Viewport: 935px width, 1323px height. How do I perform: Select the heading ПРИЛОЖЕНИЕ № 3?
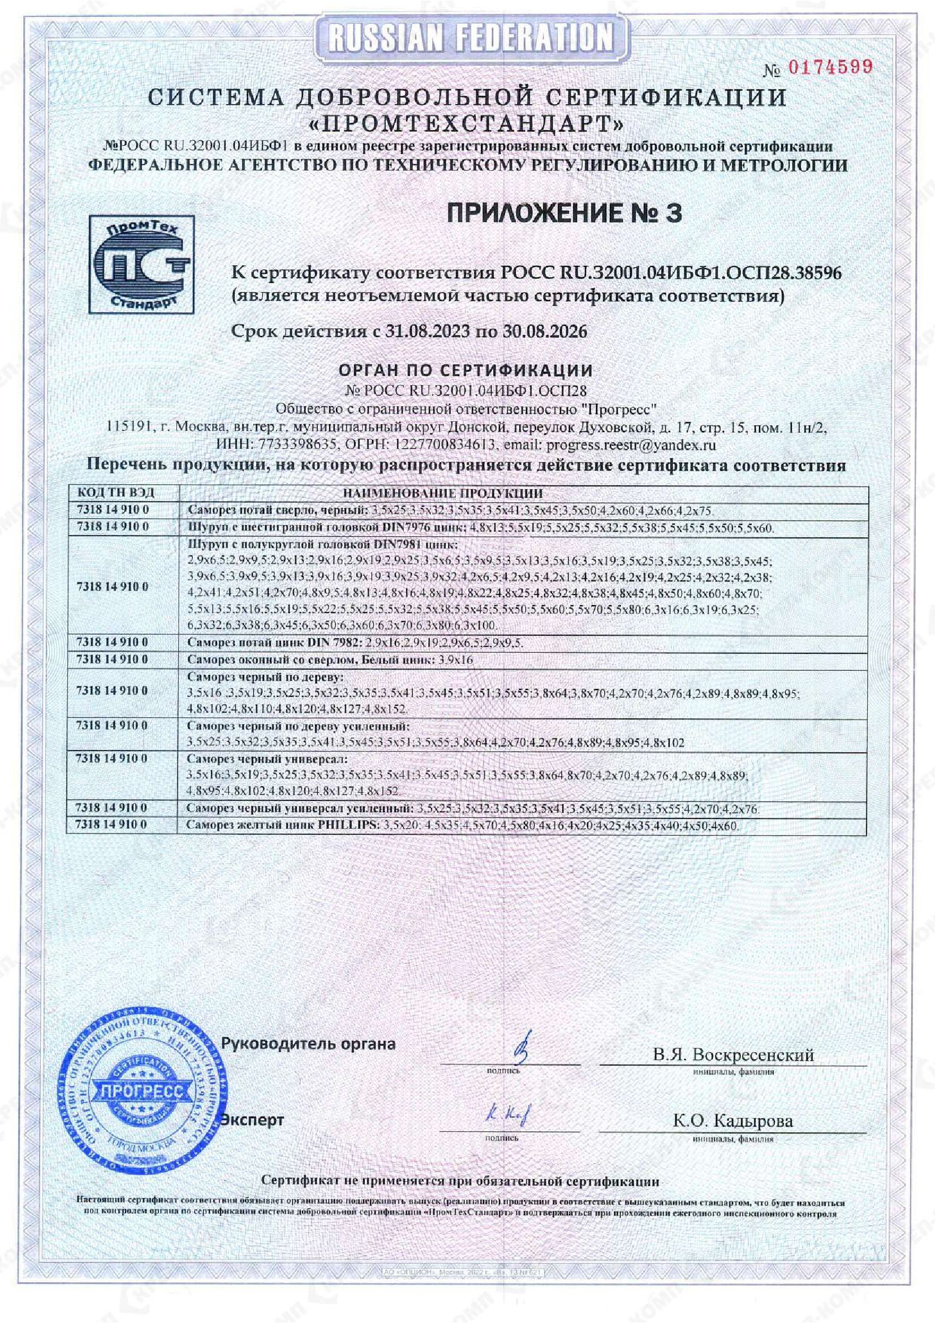pyautogui.click(x=565, y=213)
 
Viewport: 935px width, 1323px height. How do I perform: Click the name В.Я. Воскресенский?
pyautogui.click(x=734, y=1054)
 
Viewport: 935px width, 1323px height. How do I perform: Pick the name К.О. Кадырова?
pyautogui.click(x=733, y=1121)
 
